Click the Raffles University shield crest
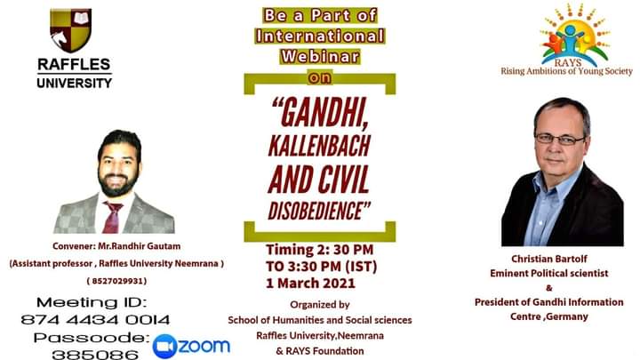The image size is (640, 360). [71, 30]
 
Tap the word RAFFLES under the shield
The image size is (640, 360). [74, 65]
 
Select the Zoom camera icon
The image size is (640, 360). [165, 346]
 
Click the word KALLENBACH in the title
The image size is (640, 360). [319, 146]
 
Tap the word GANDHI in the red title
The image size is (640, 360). [320, 113]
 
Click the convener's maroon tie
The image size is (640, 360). [112, 218]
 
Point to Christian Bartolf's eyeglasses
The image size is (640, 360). [560, 140]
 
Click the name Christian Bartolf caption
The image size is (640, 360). [549, 259]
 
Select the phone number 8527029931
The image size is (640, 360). [116, 281]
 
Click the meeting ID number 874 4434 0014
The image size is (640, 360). [95, 320]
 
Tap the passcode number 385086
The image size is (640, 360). [95, 355]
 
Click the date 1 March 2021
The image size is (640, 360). [310, 284]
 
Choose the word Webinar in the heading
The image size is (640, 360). [320, 56]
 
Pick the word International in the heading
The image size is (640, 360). [320, 36]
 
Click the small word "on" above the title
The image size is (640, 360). [320, 78]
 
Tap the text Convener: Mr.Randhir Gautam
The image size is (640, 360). [116, 246]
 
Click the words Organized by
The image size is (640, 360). [320, 305]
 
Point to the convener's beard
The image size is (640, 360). [118, 183]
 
